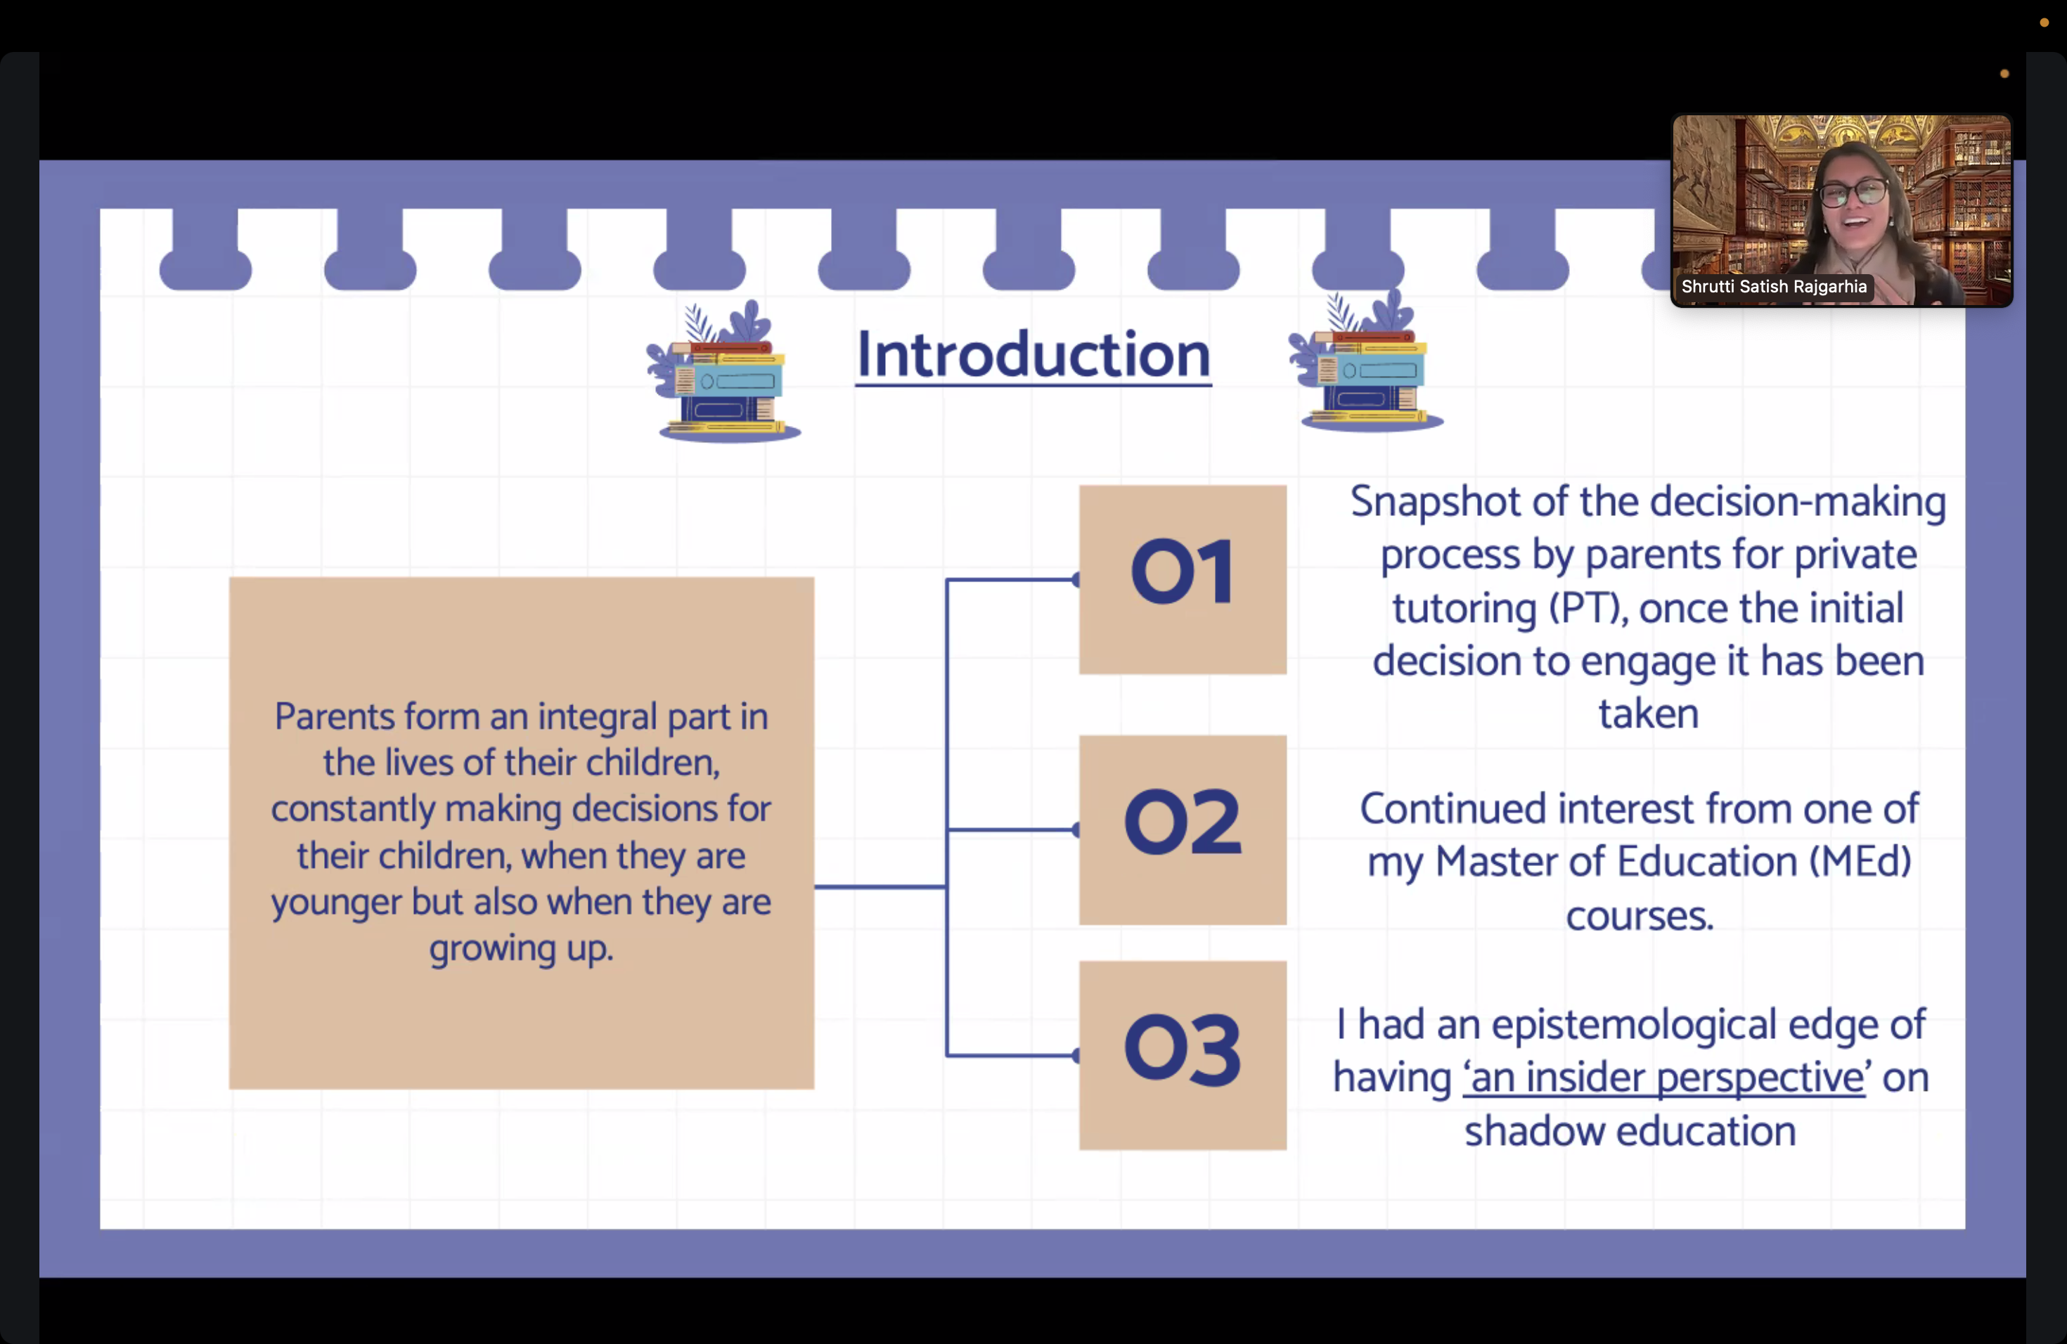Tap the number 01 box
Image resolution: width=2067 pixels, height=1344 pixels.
[x=1183, y=579]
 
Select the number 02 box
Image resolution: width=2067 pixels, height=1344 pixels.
[x=1183, y=829]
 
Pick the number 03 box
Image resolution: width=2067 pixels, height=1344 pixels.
[x=1183, y=1055]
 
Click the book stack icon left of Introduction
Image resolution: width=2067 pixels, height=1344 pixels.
[x=724, y=372]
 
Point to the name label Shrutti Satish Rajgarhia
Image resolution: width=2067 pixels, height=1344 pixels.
[x=1773, y=287]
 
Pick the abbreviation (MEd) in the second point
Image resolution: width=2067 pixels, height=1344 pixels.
[x=1860, y=861]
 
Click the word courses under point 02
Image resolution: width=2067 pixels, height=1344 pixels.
[x=1640, y=916]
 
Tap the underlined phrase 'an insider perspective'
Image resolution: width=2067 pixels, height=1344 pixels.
[x=1665, y=1078]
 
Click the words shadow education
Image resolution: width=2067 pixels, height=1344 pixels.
[x=1630, y=1131]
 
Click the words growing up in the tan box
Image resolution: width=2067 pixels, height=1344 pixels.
[x=521, y=949]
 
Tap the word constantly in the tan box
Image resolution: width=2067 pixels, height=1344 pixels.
[x=353, y=810]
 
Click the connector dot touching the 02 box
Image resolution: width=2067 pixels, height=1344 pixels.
[x=1076, y=830]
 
